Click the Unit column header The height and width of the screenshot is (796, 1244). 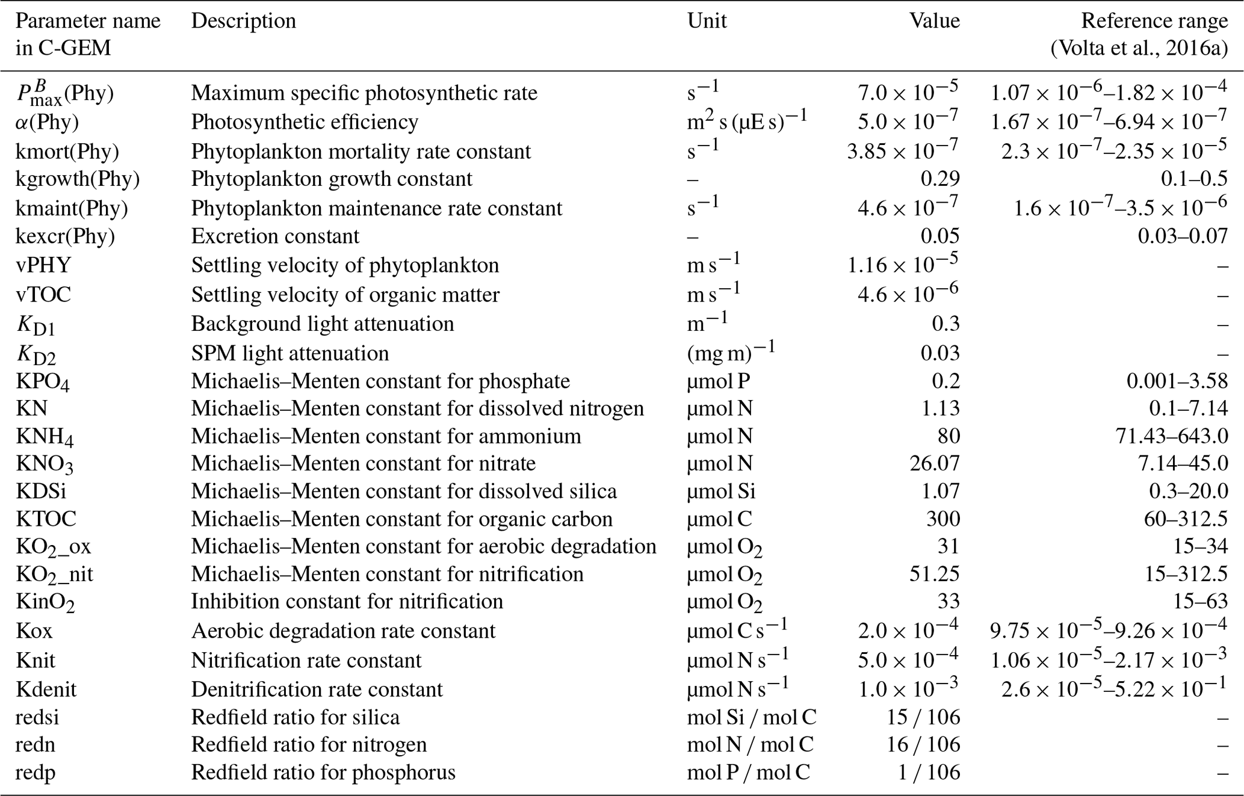707,21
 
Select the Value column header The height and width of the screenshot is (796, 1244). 934,21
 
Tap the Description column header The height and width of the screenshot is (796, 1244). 243,21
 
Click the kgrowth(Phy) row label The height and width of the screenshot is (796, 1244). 77,179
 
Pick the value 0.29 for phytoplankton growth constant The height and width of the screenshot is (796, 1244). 940,179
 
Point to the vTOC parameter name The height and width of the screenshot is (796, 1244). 43,295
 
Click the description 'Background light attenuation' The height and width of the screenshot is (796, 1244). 322,324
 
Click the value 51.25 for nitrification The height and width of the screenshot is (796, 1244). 934,575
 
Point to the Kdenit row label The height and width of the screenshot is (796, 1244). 46,690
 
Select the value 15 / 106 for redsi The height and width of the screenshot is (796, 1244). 923,718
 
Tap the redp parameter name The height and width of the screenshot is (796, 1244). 36,773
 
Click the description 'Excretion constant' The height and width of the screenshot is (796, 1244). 274,236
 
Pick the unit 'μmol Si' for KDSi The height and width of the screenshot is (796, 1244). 721,492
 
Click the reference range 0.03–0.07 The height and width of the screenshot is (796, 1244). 1182,236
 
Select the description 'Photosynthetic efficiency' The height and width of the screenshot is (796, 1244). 305,122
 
